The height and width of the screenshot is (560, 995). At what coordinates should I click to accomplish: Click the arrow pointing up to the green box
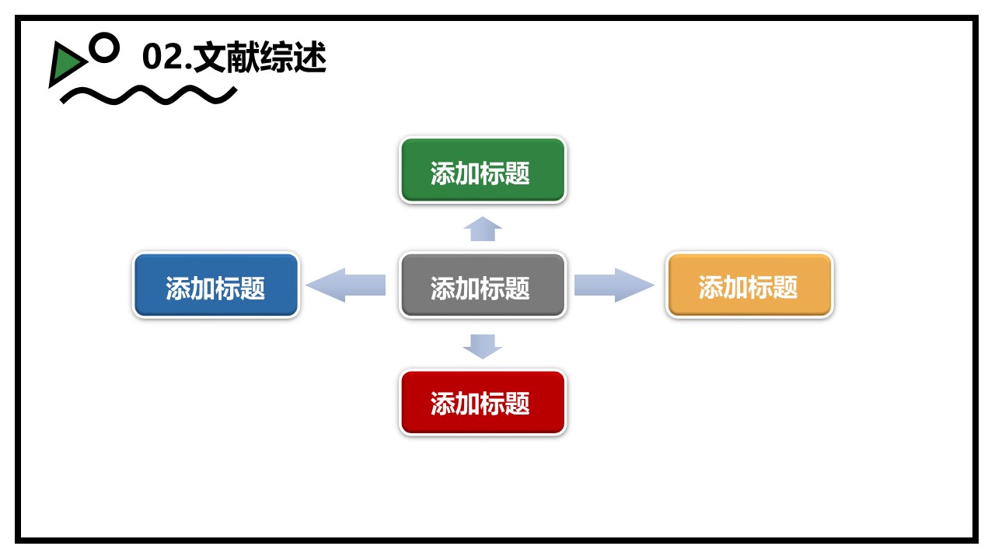point(483,229)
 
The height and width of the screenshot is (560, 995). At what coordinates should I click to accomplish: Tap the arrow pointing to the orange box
point(614,285)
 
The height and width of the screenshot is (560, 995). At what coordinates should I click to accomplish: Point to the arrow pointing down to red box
point(483,346)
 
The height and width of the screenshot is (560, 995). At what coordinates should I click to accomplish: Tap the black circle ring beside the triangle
point(104,47)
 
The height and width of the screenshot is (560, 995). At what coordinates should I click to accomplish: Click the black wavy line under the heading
point(148,96)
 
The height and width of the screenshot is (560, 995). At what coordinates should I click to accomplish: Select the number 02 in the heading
point(162,58)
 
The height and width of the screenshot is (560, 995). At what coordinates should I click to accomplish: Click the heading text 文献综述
point(260,58)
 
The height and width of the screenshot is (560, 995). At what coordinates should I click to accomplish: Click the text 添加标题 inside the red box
point(480,404)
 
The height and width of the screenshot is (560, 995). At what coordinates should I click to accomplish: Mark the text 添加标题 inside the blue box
point(215,289)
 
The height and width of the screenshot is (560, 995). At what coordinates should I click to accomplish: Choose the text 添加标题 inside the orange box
point(748,287)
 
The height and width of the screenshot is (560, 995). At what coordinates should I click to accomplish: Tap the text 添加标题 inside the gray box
point(480,289)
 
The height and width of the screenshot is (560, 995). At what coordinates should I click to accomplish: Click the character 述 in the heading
point(310,58)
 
